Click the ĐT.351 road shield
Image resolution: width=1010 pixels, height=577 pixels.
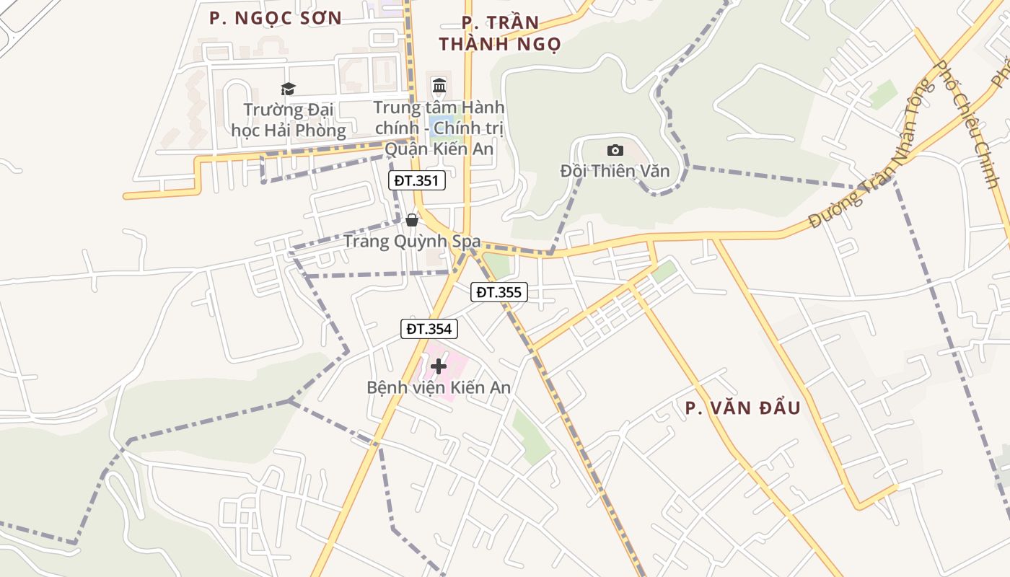[417, 180]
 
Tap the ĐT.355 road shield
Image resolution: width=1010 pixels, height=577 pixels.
[499, 292]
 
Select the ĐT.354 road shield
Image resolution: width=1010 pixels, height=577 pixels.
[429, 329]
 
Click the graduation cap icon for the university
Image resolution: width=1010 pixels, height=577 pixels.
[289, 89]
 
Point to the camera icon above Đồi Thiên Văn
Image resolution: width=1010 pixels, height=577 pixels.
[615, 150]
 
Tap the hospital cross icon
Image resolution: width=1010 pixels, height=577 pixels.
[438, 366]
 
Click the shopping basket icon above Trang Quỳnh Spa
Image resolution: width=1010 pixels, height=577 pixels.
[412, 220]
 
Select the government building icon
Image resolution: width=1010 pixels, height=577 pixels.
[439, 87]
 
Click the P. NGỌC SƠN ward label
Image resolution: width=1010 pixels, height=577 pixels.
[276, 18]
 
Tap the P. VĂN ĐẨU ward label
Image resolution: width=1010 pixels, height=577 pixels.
[742, 408]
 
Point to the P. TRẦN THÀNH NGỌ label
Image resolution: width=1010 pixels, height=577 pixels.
[500, 33]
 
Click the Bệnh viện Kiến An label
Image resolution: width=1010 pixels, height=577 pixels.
[439, 387]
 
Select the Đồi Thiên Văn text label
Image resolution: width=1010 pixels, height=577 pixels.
[615, 171]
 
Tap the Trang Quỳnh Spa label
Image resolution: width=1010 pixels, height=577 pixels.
[412, 241]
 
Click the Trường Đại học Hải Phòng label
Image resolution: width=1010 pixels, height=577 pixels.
[289, 120]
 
